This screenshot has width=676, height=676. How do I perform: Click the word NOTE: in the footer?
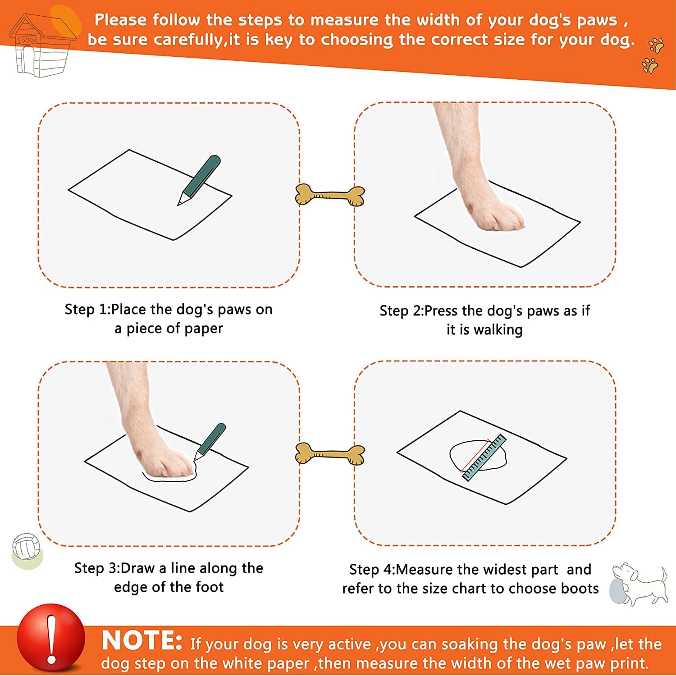pyautogui.click(x=142, y=640)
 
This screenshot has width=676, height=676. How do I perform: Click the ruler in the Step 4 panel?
pyautogui.click(x=483, y=457)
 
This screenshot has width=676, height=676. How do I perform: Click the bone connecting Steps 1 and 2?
pyautogui.click(x=330, y=195)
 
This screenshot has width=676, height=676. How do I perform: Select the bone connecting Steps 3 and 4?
pyautogui.click(x=330, y=454)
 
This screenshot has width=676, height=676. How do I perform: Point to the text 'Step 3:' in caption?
pyautogui.click(x=97, y=568)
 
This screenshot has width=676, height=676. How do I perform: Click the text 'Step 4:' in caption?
pyautogui.click(x=372, y=570)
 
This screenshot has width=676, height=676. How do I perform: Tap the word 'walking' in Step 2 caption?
pyautogui.click(x=498, y=330)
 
